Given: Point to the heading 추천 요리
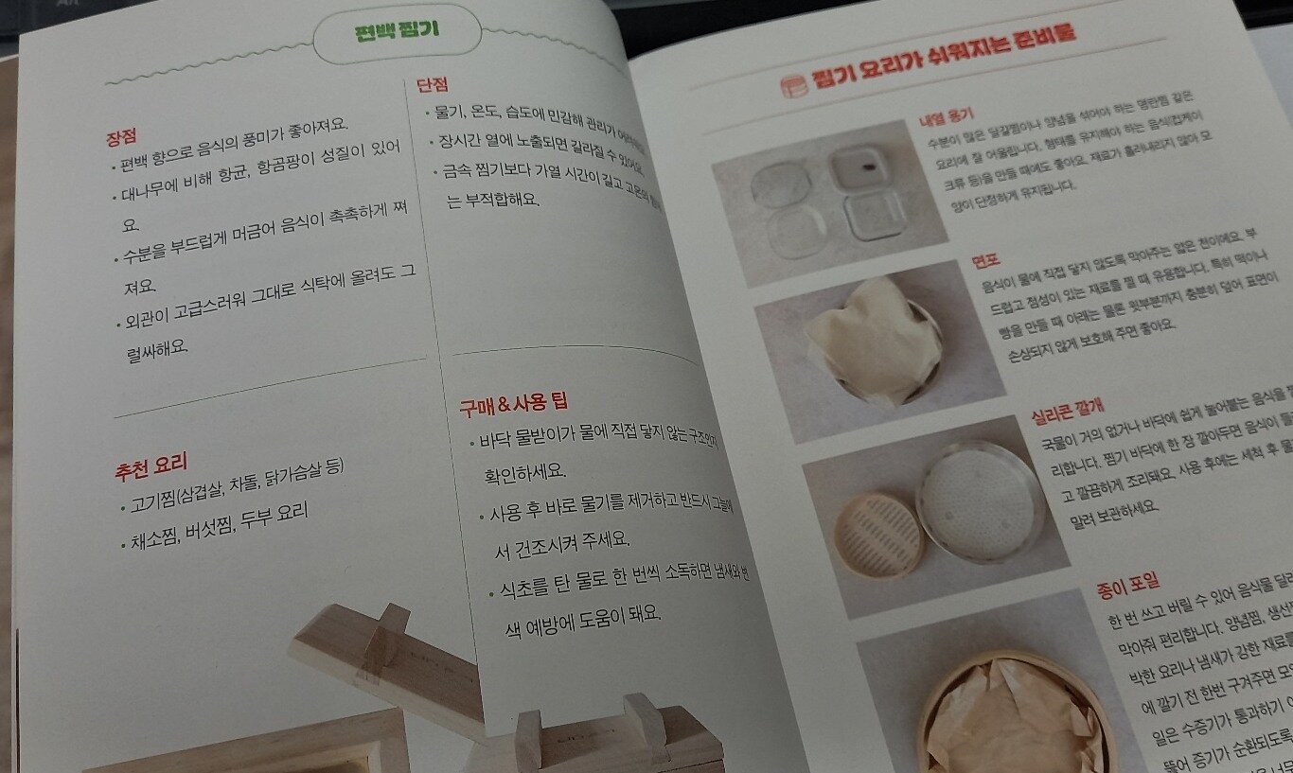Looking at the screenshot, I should point(151,465).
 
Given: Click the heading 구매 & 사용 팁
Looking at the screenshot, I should point(513,404).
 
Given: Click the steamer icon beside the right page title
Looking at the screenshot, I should point(789,87).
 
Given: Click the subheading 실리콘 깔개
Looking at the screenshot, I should point(1068,409).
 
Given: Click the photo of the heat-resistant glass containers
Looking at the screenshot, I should point(828,202).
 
